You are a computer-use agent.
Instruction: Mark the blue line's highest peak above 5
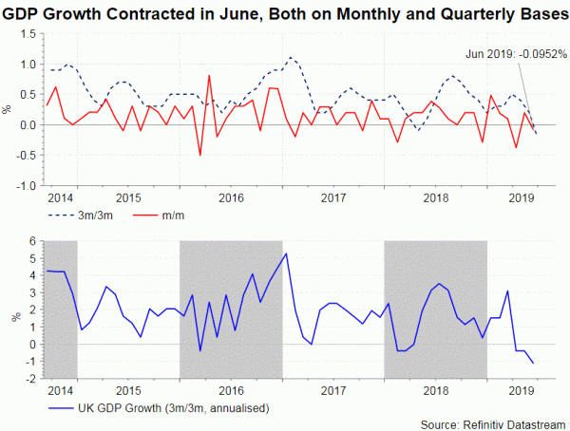click(286, 253)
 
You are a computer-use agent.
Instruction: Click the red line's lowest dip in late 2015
click(199, 155)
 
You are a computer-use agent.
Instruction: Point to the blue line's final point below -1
click(533, 364)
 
